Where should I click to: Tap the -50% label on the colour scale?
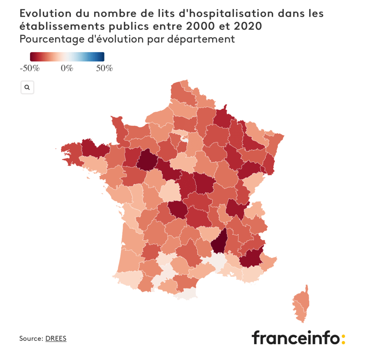pyautogui.click(x=29, y=68)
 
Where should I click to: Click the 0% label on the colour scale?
pyautogui.click(x=67, y=68)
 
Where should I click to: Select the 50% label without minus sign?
pyautogui.click(x=104, y=68)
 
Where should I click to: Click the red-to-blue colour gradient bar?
pyautogui.click(x=67, y=57)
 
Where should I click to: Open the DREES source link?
pyautogui.click(x=56, y=338)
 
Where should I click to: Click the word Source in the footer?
pyautogui.click(x=31, y=338)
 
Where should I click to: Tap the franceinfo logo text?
pyautogui.click(x=295, y=337)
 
